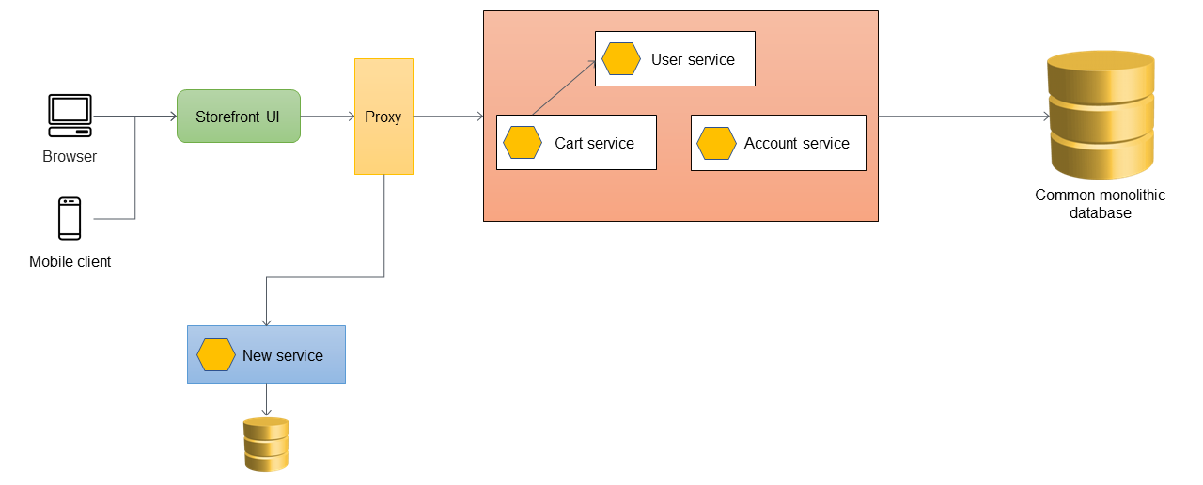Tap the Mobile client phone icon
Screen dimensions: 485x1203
pos(70,218)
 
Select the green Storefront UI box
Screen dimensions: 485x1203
pos(239,117)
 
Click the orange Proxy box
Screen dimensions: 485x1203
pos(383,117)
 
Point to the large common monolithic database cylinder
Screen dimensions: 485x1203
pos(1101,116)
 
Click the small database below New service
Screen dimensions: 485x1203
pos(266,445)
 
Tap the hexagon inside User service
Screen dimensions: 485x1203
pos(621,59)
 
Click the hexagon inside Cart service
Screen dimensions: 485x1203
pos(523,143)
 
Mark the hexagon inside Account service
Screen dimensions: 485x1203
pos(716,143)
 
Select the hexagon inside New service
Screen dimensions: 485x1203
pos(216,355)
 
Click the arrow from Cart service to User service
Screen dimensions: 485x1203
pos(564,88)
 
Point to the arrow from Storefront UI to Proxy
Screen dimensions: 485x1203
pos(327,117)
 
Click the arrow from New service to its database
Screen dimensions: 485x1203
pos(267,399)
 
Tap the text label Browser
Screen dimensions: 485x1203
pos(70,157)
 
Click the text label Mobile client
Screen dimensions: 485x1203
pos(70,262)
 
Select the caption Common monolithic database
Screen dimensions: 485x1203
pos(1100,204)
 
